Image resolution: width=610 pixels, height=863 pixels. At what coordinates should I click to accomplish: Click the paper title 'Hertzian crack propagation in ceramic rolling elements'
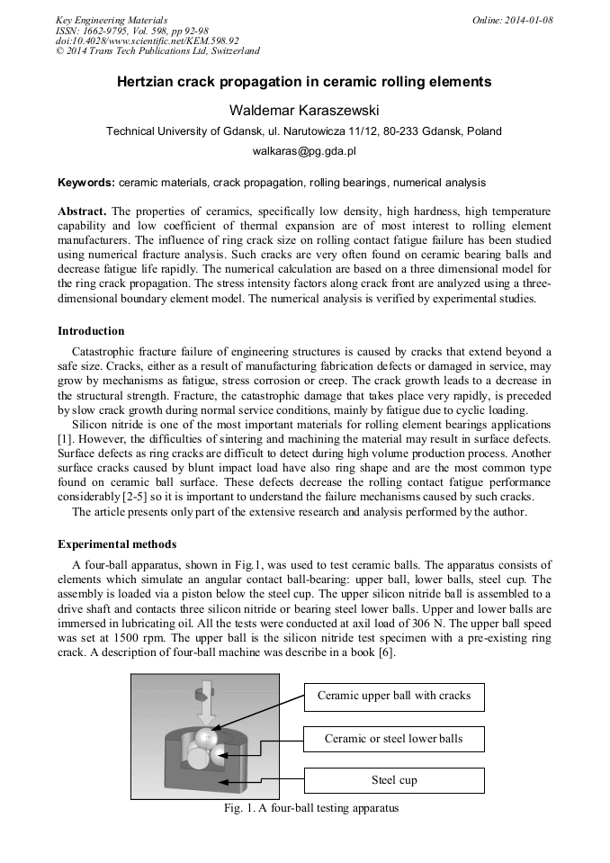pos(304,82)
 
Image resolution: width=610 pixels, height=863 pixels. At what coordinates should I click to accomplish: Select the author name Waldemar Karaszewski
pos(304,111)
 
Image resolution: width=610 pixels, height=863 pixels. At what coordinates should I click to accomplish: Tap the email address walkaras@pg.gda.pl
pos(304,152)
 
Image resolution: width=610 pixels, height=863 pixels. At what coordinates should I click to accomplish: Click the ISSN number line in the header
pos(132,31)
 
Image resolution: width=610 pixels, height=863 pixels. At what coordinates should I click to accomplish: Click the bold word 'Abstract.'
pos(82,211)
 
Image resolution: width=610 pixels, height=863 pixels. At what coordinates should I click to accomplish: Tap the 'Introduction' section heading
pos(91,331)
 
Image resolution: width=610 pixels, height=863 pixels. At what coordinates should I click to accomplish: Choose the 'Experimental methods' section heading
pos(117,544)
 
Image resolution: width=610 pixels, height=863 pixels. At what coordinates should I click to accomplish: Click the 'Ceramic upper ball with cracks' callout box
pos(393,696)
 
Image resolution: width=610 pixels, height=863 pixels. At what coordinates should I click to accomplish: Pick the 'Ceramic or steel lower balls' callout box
pos(393,739)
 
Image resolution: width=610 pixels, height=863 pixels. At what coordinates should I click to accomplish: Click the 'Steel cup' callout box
pos(393,779)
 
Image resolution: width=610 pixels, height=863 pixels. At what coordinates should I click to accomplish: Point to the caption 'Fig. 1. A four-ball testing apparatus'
pos(310,808)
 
